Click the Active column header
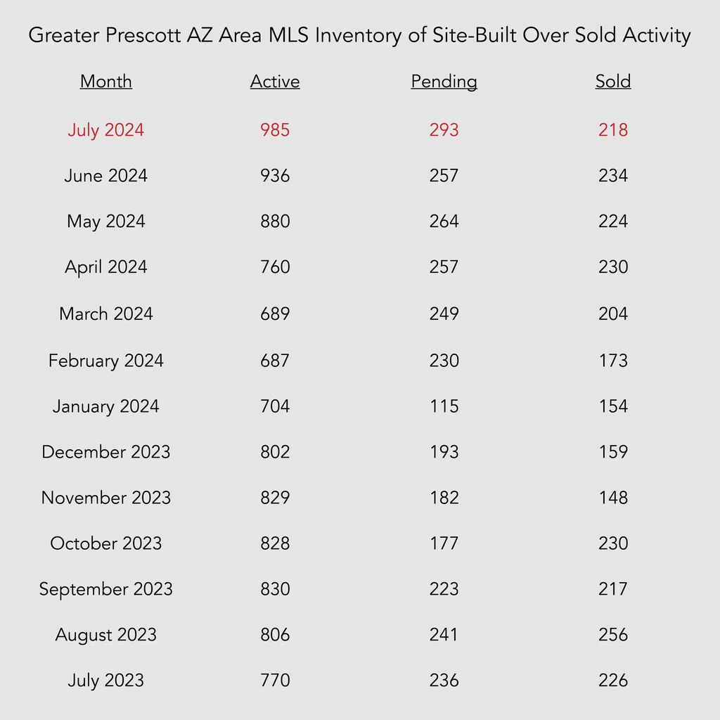(x=275, y=82)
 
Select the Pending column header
(x=444, y=82)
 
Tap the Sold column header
(x=613, y=82)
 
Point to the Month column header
(x=106, y=82)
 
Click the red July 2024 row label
(x=106, y=130)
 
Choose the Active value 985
(x=275, y=130)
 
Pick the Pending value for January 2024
(x=444, y=406)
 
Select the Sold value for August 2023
(x=613, y=635)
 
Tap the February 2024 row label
(x=106, y=361)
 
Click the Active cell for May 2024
(x=275, y=221)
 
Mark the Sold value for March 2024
(x=613, y=314)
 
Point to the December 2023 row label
(x=106, y=452)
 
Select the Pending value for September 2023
(x=444, y=589)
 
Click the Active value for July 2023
(x=275, y=681)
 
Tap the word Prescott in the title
(x=143, y=35)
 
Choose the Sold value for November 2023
(x=613, y=498)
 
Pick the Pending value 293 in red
(x=444, y=130)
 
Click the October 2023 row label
(x=106, y=544)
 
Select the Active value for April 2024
(x=275, y=267)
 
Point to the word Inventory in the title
(x=358, y=36)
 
